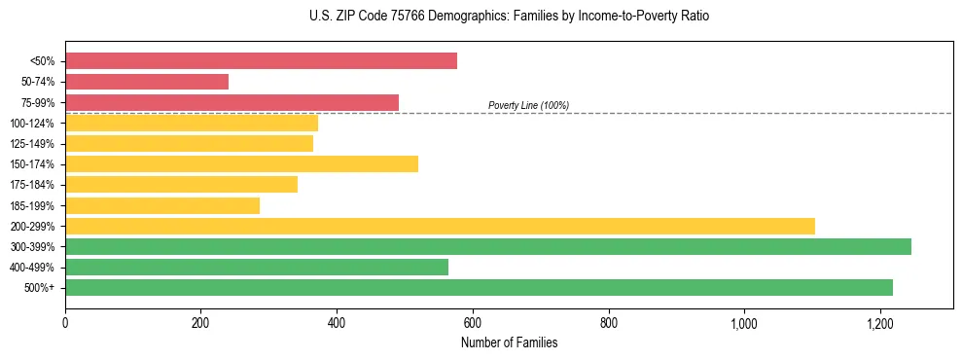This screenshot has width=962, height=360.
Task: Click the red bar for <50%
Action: coord(261,61)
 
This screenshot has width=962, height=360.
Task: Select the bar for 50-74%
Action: coord(147,82)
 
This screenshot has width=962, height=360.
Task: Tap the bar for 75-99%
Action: coord(232,102)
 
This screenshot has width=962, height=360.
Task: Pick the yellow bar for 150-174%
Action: coord(241,163)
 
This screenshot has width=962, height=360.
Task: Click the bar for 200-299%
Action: coord(440,226)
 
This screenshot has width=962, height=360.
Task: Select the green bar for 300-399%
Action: coord(488,246)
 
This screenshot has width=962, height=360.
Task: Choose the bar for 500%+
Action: coord(479,287)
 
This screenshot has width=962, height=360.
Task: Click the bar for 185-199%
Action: coord(162,205)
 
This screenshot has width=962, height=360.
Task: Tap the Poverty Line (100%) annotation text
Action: coord(528,105)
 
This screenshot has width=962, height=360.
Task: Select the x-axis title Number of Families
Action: coord(510,342)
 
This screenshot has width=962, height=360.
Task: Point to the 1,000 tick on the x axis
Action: coord(744,322)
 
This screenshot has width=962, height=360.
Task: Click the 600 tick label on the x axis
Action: coord(473,322)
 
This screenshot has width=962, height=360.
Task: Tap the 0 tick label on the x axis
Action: coord(65,322)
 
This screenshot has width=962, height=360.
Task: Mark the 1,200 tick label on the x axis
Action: coord(879,322)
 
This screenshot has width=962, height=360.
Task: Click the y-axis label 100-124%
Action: coord(32,124)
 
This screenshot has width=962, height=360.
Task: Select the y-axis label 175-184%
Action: coord(32,185)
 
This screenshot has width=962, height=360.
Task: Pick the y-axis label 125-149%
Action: coord(32,144)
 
